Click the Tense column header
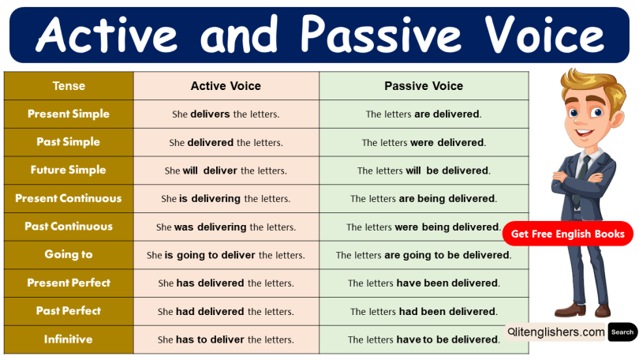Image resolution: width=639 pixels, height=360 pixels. pyautogui.click(x=69, y=85)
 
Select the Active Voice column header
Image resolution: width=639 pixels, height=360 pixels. pyautogui.click(x=226, y=85)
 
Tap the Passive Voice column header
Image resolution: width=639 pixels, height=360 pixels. pyautogui.click(x=424, y=85)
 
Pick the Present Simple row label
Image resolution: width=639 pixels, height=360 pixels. pyautogui.click(x=69, y=114)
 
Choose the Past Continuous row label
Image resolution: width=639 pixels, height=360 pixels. pyautogui.click(x=69, y=227)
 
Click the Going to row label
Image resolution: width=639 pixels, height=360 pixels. pyautogui.click(x=69, y=254)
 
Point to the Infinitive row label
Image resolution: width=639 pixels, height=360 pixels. pyautogui.click(x=69, y=339)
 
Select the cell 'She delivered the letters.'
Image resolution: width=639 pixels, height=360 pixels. pyautogui.click(x=226, y=143)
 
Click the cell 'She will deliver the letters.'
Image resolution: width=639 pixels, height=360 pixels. pyautogui.click(x=226, y=171)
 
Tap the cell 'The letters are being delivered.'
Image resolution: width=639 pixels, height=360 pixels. pyautogui.click(x=424, y=199)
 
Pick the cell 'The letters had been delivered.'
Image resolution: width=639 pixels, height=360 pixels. pyautogui.click(x=424, y=311)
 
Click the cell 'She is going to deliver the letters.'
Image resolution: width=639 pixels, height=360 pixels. pyautogui.click(x=226, y=255)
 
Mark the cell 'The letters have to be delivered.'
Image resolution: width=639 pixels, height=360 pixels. pyautogui.click(x=424, y=339)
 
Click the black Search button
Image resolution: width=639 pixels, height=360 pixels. pyautogui.click(x=622, y=332)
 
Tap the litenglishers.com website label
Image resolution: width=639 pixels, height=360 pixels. pyautogui.click(x=556, y=332)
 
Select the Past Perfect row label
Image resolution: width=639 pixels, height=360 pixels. pyautogui.click(x=69, y=311)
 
